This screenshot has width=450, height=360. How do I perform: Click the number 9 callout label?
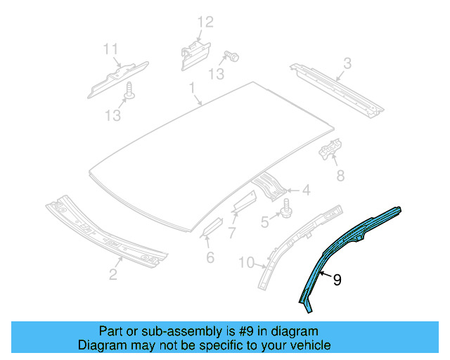coord(337,280)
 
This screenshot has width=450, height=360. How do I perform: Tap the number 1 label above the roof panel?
coord(191,87)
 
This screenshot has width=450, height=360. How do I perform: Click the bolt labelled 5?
coord(286,209)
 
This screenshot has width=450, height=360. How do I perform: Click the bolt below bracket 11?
coord(129,90)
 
